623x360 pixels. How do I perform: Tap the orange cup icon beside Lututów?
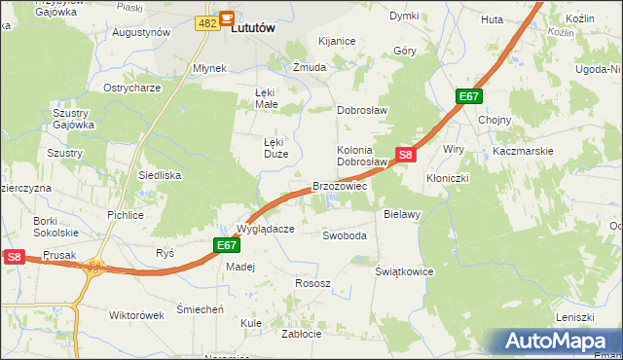pyautogui.click(x=227, y=18)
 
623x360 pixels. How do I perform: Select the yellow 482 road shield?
pyautogui.click(x=205, y=22)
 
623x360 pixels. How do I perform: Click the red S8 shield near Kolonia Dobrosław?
pyautogui.click(x=407, y=154)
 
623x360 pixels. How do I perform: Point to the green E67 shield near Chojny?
pyautogui.click(x=469, y=96)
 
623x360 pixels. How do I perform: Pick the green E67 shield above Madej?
pyautogui.click(x=226, y=246)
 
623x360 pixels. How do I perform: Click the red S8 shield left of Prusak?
pyautogui.click(x=13, y=257)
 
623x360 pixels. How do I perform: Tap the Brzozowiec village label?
pyautogui.click(x=339, y=186)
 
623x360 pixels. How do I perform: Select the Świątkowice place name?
pyautogui.click(x=404, y=271)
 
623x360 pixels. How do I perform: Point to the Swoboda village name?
pyautogui.click(x=345, y=235)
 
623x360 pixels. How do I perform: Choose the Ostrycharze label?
pyautogui.click(x=131, y=88)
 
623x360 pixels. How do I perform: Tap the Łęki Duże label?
pyautogui.click(x=274, y=147)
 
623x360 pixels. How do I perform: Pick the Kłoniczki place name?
pyautogui.click(x=448, y=179)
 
